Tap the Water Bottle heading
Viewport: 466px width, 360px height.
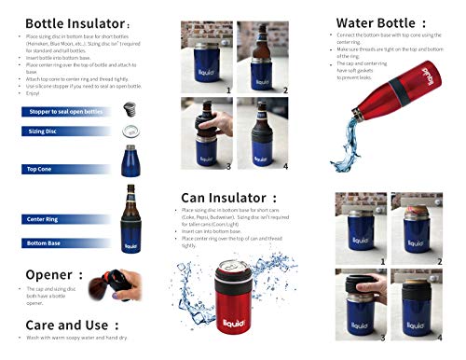[377, 20]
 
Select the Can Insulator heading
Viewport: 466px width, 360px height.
[227, 198]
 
